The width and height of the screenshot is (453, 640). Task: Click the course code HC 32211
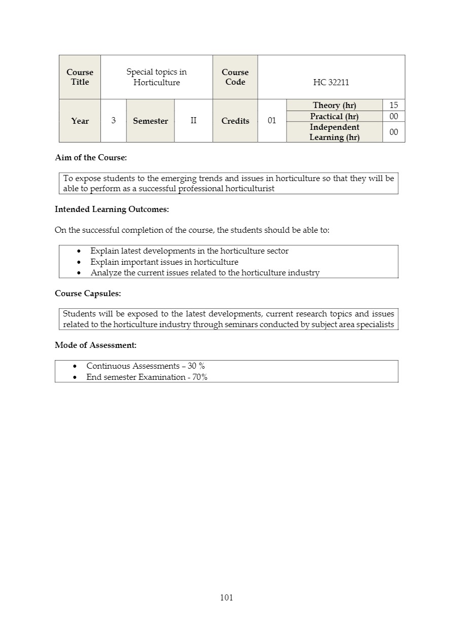click(331, 82)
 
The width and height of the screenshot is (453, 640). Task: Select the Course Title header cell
click(80, 77)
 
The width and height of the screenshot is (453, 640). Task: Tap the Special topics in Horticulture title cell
click(156, 77)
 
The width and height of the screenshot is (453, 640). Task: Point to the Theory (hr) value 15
click(394, 105)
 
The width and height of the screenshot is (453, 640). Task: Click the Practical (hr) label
click(334, 116)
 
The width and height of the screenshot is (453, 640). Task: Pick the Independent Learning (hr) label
click(334, 132)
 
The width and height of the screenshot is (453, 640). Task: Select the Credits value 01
click(272, 121)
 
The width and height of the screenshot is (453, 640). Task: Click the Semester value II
click(193, 121)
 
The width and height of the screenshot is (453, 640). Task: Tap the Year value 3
click(113, 121)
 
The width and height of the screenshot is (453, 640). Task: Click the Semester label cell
click(150, 121)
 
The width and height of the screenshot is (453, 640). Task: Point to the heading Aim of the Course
click(91, 158)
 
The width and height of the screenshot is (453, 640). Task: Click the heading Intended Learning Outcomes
click(112, 209)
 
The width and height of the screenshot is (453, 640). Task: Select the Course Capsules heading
click(88, 294)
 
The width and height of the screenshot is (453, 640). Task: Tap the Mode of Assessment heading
click(95, 345)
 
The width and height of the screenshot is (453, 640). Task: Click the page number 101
click(226, 597)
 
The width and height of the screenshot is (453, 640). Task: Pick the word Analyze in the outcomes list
click(106, 273)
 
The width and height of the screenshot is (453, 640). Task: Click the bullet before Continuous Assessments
click(76, 366)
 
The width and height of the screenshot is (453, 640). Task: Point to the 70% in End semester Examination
click(200, 377)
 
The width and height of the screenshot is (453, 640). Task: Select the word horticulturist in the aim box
click(250, 189)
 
